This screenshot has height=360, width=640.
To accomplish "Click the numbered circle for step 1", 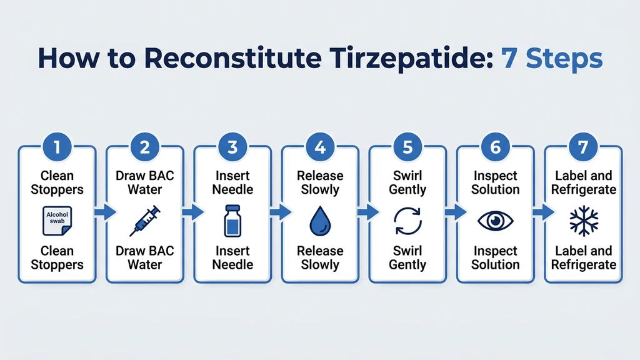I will coord(57,149).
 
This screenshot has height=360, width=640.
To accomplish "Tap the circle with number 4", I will coord(320,149).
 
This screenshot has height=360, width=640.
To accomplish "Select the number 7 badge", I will coord(583,149).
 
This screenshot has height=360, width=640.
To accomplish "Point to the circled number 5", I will coord(407,149).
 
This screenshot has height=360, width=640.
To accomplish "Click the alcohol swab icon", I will coord(58,220).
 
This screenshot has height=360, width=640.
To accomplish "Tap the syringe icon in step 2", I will coord(145,221).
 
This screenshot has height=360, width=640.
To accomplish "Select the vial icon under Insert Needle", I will coord(232,221).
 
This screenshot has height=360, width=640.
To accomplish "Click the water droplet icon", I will coord(320,221).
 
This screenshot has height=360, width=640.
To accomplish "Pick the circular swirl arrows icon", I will coord(407,221).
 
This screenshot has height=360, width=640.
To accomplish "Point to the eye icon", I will coord(496,221).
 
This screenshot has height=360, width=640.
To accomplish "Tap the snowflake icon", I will coord(583,221).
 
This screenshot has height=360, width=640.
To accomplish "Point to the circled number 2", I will coord(145,149).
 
